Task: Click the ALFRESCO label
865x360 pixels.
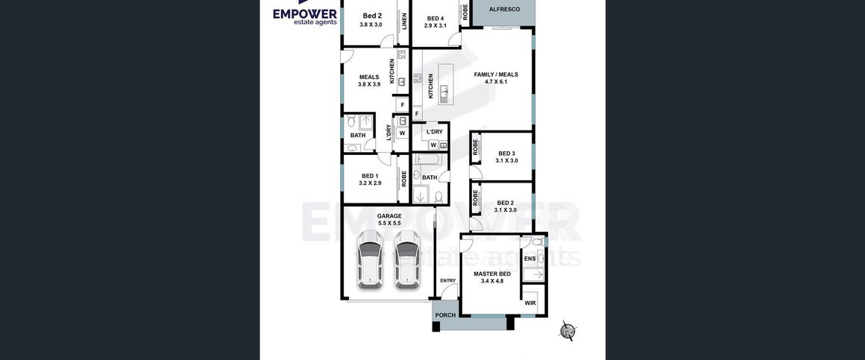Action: coord(504,10)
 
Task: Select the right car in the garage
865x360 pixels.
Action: coord(407,259)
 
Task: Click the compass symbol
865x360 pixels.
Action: coord(567,330)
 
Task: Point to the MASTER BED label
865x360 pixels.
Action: coord(493,274)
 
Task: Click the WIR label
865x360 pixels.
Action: coord(530,303)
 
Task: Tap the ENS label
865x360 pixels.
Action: coord(529,259)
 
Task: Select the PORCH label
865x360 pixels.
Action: coord(445,315)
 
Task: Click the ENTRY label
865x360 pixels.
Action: coord(448,280)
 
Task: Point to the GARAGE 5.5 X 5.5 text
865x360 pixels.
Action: coord(389,219)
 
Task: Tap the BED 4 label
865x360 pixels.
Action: coord(435,18)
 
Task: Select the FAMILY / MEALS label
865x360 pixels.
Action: coord(496,75)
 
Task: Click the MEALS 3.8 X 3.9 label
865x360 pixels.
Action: coord(369,80)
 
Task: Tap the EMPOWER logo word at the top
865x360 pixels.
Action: coord(304,13)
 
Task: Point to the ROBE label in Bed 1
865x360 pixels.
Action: coord(404,179)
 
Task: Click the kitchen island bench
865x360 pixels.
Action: coord(446,83)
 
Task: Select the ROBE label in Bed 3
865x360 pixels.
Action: coord(475,147)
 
